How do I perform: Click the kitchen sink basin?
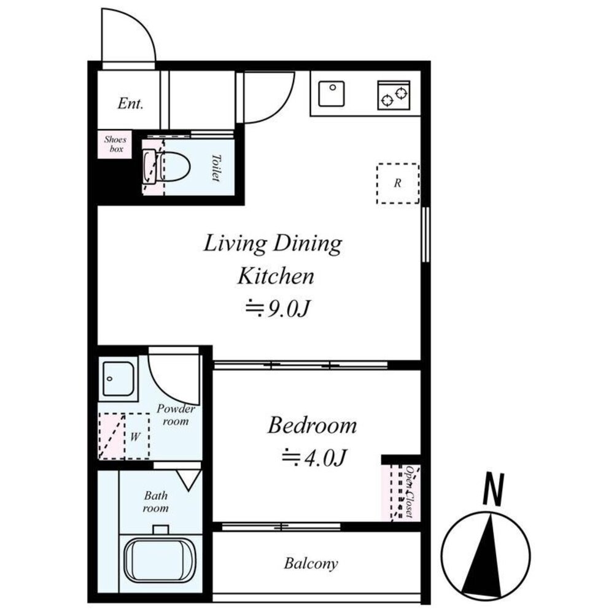(x=332, y=93)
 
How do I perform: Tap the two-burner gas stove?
(x=394, y=95)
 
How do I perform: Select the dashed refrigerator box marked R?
(x=398, y=183)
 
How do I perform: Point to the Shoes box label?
(x=115, y=144)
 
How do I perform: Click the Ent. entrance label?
(x=130, y=103)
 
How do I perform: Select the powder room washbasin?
(x=119, y=379)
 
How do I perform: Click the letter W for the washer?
(x=135, y=437)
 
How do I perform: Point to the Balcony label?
(x=311, y=564)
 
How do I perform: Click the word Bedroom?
(x=312, y=426)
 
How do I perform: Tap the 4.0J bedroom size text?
(x=314, y=457)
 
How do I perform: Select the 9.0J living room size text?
(x=278, y=309)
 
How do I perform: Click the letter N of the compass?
(x=494, y=489)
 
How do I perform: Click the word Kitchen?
(x=276, y=276)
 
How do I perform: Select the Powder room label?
(x=176, y=415)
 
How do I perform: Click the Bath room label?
(x=156, y=502)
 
